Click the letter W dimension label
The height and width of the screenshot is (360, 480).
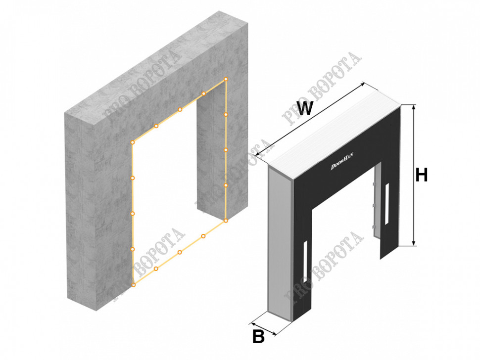coord(305,108)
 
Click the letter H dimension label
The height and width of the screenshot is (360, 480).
coord(421,176)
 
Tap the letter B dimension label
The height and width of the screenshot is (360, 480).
coord(258,336)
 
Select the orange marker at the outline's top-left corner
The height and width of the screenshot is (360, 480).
coord(133,142)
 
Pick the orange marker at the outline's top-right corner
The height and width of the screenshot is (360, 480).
coord(226,79)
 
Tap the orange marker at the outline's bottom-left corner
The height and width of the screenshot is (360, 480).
coord(133,285)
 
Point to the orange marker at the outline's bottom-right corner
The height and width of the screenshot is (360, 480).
coord(226,220)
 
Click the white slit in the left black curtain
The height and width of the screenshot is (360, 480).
coord(305,258)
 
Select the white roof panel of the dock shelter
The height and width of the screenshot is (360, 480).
coord(334,134)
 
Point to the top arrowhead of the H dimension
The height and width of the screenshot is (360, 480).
coord(414,107)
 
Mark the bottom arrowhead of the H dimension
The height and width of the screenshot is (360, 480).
coord(414,243)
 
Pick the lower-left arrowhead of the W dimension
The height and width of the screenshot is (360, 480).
coord(258,154)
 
